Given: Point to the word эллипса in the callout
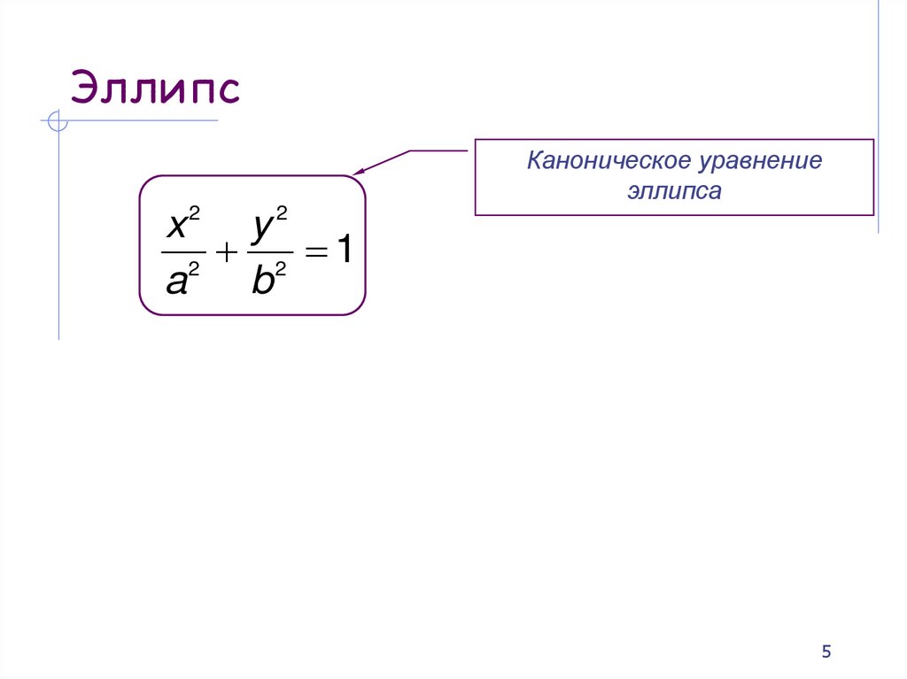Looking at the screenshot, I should pyautogui.click(x=675, y=190).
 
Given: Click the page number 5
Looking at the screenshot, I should pyautogui.click(x=826, y=652).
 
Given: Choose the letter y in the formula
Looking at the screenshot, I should pyautogui.click(x=261, y=228).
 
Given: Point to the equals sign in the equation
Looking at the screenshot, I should pyautogui.click(x=315, y=253).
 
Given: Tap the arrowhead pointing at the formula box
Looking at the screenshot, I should pyautogui.click(x=359, y=173).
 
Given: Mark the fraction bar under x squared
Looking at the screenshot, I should pyautogui.click(x=182, y=254).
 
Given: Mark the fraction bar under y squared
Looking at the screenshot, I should pyautogui.click(x=268, y=254).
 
